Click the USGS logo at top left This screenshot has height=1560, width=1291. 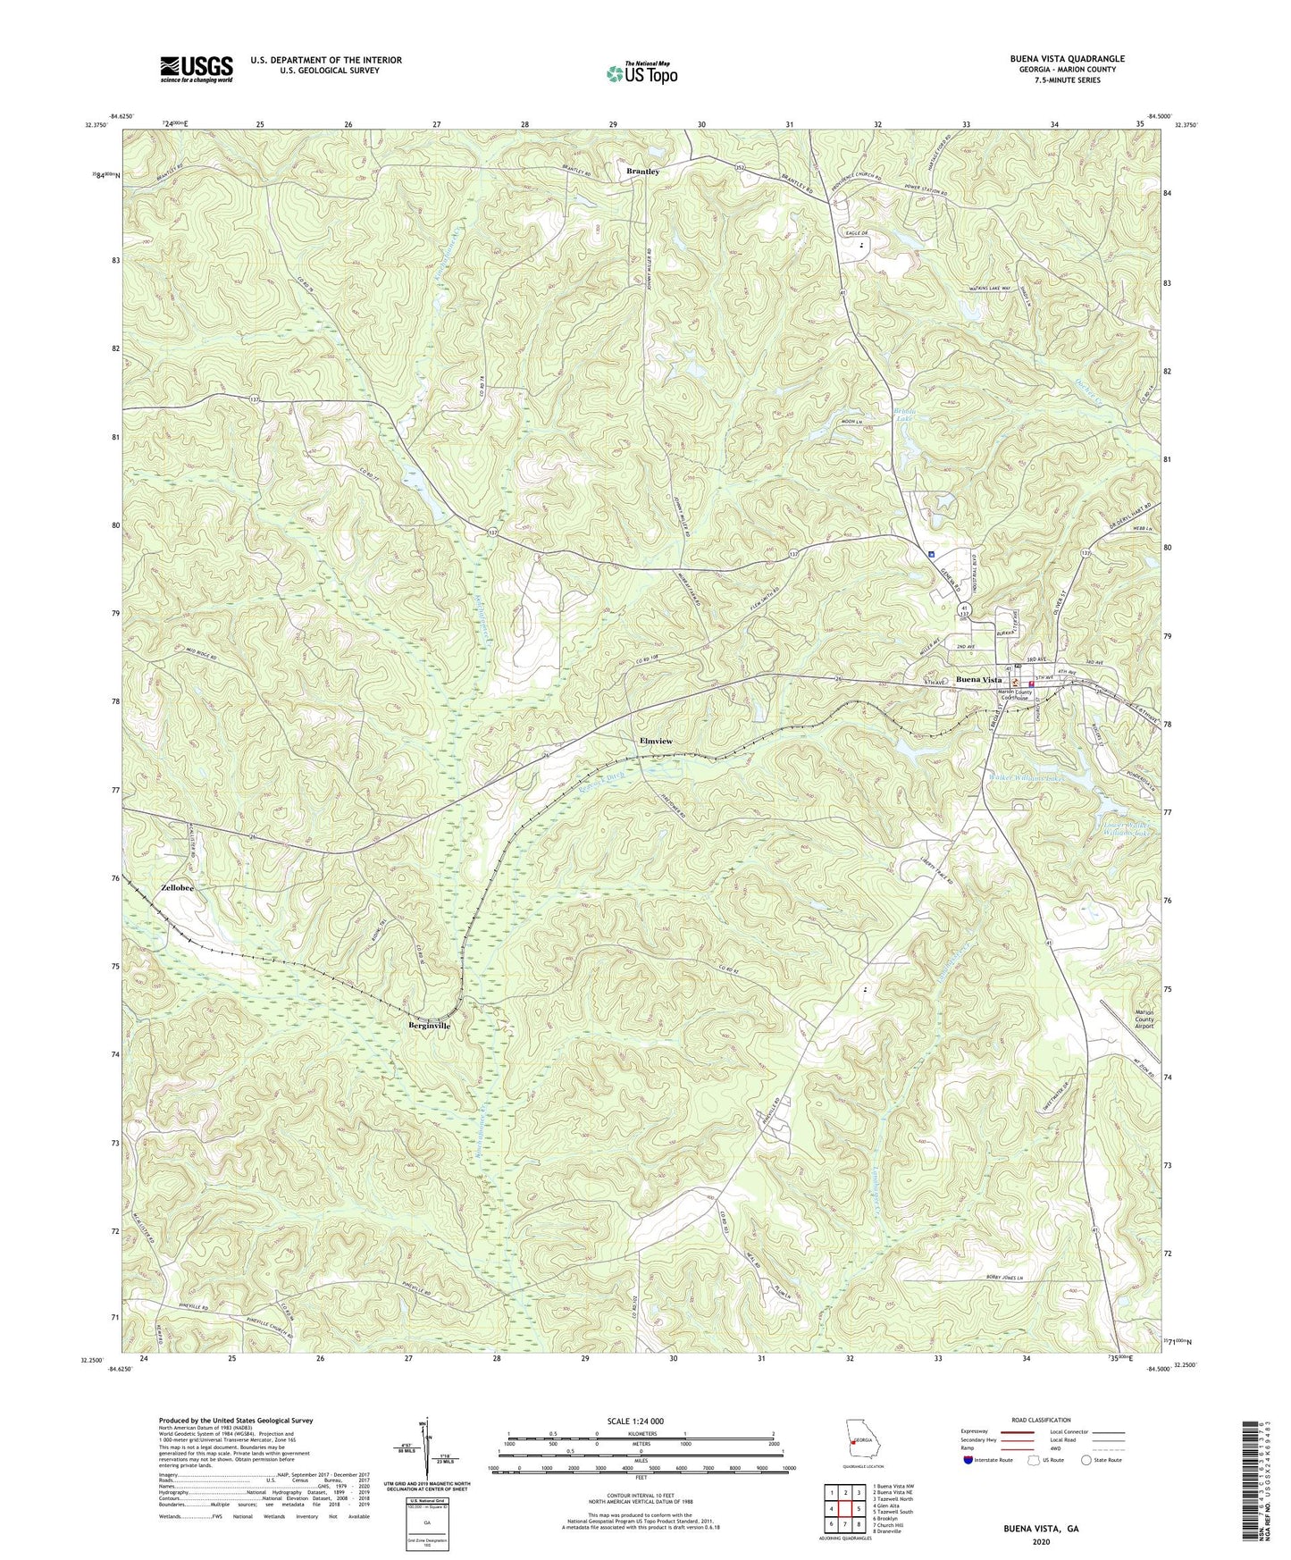click(197, 68)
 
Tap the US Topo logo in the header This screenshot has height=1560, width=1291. click(641, 74)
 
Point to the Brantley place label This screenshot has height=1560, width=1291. click(642, 171)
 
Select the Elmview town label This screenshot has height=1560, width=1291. click(656, 742)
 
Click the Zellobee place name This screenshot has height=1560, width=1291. click(178, 888)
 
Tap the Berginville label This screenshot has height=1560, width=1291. click(430, 1026)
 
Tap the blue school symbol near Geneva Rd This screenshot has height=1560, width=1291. click(931, 554)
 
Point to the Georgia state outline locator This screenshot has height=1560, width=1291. click(861, 1440)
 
